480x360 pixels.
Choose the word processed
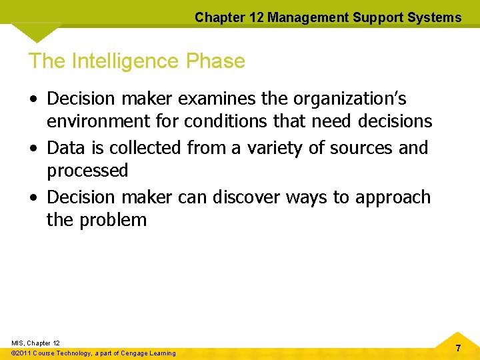tap(87, 171)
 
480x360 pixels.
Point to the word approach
tap(393, 197)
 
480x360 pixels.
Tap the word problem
tap(113, 219)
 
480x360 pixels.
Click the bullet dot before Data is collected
tap(33, 148)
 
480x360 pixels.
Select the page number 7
tap(458, 348)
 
